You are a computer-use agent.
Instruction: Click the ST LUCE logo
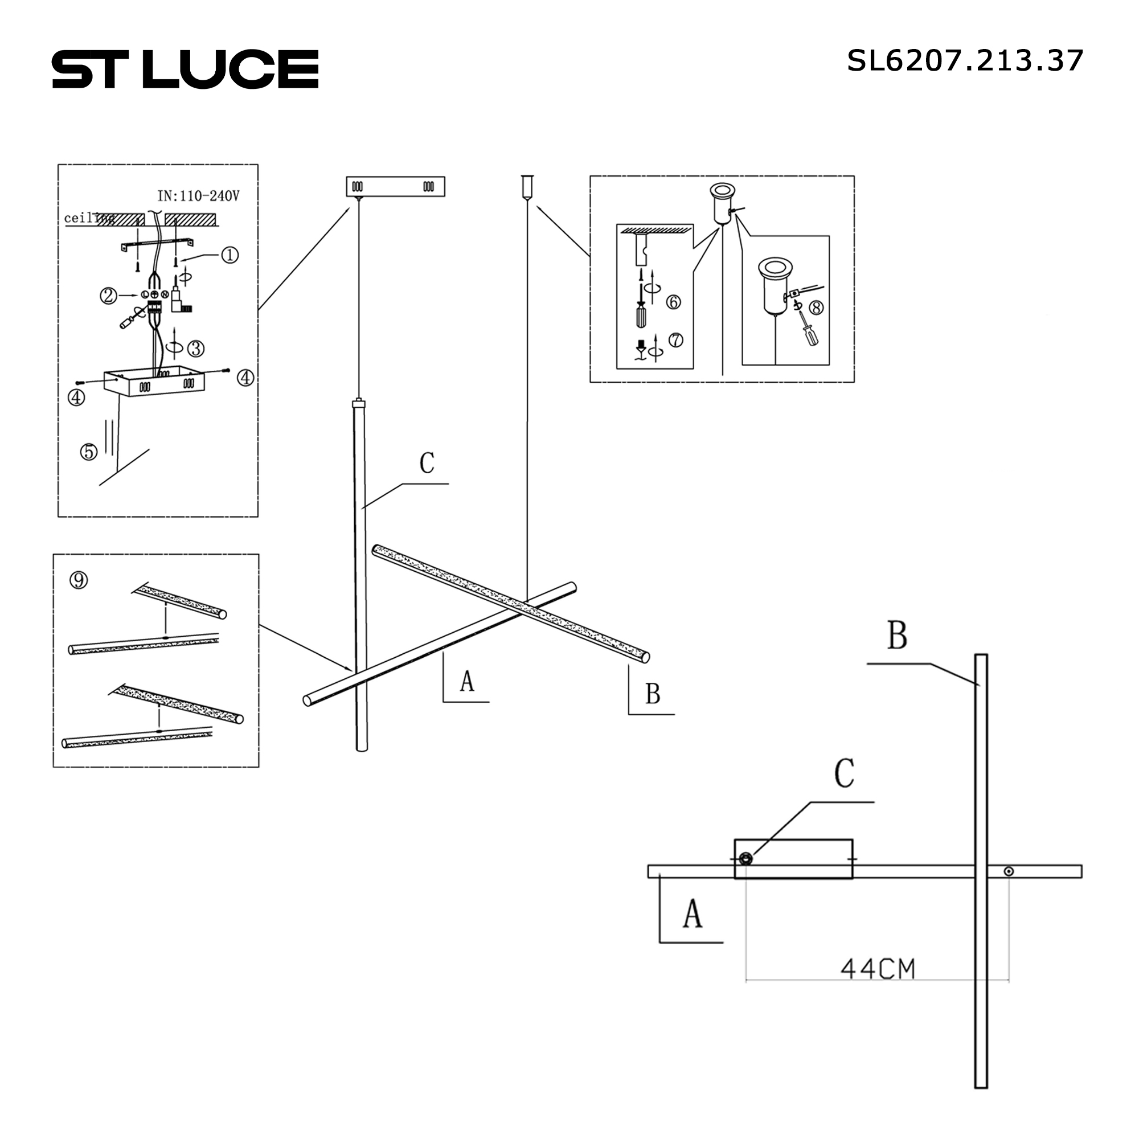click(185, 69)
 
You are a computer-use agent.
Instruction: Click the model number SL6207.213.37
click(965, 61)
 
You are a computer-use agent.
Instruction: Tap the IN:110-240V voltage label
click(199, 196)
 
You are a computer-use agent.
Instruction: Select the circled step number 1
click(230, 255)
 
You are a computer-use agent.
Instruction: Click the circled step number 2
click(108, 295)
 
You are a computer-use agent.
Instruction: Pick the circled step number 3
click(196, 349)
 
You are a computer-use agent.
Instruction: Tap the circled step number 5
click(89, 452)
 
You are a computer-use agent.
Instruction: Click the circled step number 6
click(673, 302)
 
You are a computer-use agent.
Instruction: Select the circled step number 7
click(675, 340)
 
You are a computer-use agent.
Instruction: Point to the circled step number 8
click(817, 308)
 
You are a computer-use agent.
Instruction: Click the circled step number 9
click(79, 581)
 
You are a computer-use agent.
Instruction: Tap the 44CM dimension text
click(878, 969)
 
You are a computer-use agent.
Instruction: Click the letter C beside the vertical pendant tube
click(427, 464)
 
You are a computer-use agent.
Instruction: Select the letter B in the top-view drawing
click(897, 636)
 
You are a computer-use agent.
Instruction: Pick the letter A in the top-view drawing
click(693, 915)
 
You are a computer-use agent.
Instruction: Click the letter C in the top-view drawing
click(844, 773)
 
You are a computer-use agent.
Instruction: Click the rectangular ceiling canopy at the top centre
click(395, 187)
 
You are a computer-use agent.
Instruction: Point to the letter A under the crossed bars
click(467, 681)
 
